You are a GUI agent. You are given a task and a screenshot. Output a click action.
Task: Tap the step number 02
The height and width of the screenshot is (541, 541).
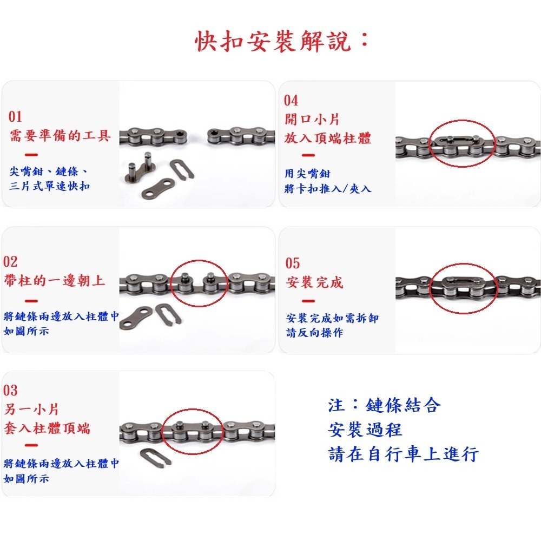click(11, 262)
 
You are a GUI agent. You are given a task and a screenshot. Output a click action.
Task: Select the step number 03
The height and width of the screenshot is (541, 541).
click(10, 390)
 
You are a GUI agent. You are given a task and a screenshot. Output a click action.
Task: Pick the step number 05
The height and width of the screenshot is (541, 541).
click(293, 263)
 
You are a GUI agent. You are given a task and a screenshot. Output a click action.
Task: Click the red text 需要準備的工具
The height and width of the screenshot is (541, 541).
click(60, 135)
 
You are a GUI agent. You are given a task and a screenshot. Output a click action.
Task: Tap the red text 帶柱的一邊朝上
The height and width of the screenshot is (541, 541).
click(54, 281)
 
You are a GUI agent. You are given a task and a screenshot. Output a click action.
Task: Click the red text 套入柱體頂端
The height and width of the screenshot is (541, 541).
click(47, 429)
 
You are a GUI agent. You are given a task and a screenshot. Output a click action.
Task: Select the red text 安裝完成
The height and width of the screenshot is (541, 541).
click(314, 282)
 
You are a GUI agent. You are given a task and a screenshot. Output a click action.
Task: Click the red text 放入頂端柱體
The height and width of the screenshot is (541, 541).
click(328, 138)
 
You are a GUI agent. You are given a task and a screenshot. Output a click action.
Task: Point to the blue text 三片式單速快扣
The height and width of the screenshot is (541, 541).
click(50, 187)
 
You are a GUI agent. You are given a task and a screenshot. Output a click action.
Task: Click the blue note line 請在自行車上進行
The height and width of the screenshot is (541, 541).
click(404, 454)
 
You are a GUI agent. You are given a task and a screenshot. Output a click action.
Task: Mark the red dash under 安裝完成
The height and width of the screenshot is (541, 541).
click(308, 301)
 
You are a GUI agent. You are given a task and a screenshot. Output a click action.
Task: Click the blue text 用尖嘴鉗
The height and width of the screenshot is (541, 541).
click(307, 174)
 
